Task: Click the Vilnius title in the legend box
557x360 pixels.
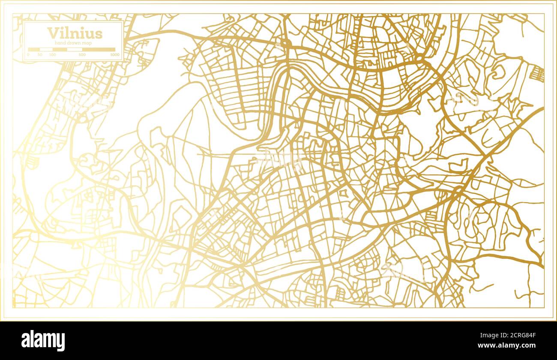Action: coord(75,33)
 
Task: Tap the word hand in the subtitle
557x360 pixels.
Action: coord(61,43)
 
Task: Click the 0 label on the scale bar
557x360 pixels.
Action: coord(28,55)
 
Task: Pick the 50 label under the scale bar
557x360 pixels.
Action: coord(40,55)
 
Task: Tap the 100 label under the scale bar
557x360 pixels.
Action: coord(52,55)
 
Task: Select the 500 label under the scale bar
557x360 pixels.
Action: coord(82,55)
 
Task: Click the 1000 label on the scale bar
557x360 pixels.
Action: coord(114,55)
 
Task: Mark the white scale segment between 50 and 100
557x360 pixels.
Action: coord(46,49)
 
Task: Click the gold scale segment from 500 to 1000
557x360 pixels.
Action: coord(99,49)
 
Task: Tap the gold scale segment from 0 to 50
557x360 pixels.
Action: coord(34,49)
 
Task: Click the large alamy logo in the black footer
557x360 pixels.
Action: coord(43,341)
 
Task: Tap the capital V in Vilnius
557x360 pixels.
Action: coord(52,33)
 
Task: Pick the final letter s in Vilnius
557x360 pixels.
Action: coord(99,33)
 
